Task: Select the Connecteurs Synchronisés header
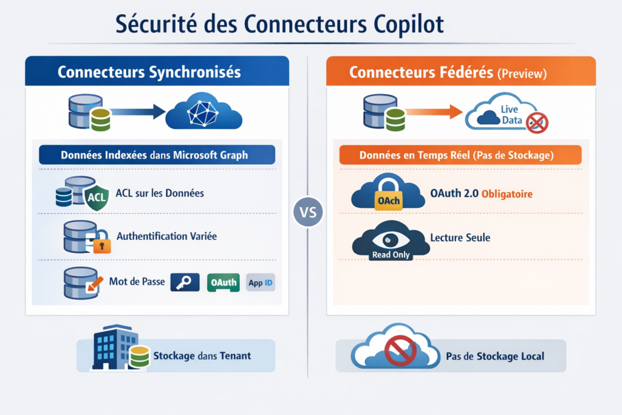[149, 72]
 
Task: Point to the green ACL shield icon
[96, 196]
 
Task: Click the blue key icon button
[185, 282]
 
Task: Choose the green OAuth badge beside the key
[223, 282]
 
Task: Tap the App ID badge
[261, 282]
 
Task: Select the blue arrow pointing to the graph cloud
[138, 111]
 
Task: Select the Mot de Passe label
[137, 282]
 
